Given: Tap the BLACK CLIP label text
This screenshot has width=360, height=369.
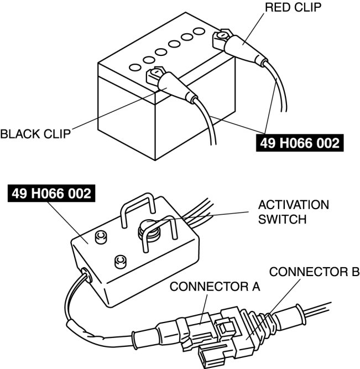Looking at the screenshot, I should click(x=35, y=134).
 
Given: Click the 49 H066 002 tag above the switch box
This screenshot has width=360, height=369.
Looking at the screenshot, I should click(x=50, y=194).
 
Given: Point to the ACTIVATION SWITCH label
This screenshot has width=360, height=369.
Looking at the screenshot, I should click(x=293, y=212).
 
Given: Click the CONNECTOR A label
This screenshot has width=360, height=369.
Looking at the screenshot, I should click(x=215, y=287).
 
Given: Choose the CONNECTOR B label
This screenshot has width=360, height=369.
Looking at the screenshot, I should click(x=314, y=272).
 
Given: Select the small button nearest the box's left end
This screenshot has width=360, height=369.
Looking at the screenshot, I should click(x=101, y=237).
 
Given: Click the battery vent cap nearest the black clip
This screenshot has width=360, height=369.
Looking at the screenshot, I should click(x=134, y=67).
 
